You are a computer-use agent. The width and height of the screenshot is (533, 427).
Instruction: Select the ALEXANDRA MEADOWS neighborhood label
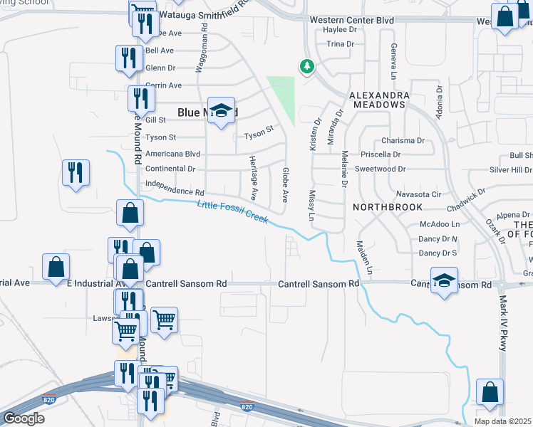(x=379, y=100)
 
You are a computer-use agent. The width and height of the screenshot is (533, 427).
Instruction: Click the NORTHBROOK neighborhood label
(x=388, y=206)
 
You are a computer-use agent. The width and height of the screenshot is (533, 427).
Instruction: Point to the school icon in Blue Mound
(x=222, y=111)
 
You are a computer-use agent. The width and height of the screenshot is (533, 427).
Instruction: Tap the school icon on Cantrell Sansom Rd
(x=444, y=280)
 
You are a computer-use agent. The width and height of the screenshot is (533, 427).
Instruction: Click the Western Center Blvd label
(x=352, y=21)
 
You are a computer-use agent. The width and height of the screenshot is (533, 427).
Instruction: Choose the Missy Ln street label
(x=311, y=206)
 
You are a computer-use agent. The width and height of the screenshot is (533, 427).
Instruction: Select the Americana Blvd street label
(x=172, y=154)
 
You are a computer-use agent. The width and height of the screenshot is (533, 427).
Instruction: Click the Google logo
(x=24, y=418)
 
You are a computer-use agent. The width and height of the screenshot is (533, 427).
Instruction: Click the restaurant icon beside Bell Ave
(x=128, y=58)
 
